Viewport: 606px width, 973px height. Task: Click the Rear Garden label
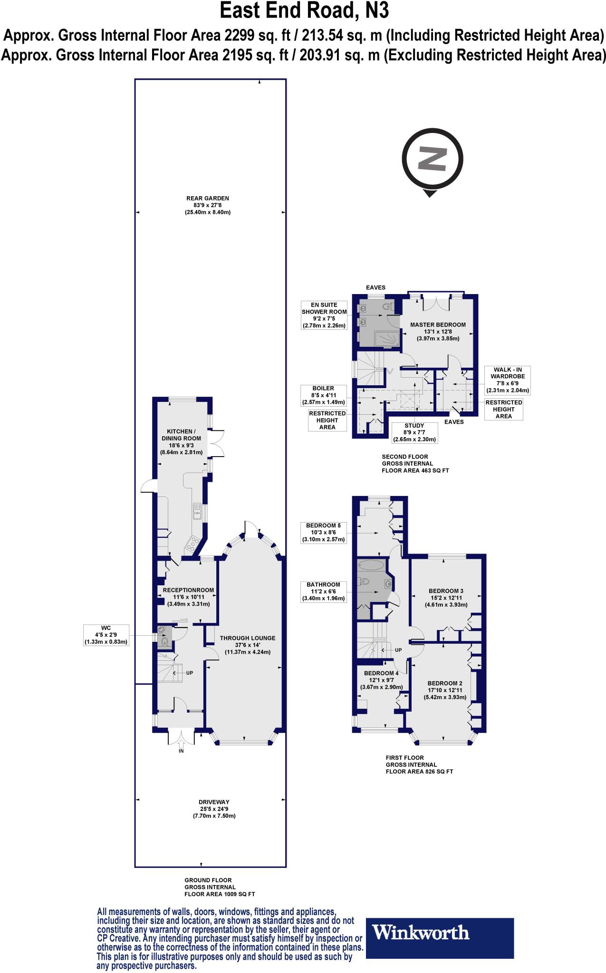[208, 205]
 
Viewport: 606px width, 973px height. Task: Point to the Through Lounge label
[248, 645]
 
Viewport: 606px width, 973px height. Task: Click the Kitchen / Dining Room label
[181, 442]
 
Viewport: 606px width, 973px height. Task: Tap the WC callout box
[106, 635]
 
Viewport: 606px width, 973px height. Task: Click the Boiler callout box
[324, 395]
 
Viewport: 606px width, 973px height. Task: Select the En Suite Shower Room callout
[324, 315]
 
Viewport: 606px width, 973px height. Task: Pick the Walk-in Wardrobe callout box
[507, 380]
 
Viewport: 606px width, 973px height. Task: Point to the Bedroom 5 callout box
[324, 533]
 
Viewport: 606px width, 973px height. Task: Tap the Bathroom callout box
[324, 591]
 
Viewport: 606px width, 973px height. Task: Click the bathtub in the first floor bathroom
[371, 565]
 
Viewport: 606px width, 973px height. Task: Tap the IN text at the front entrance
[181, 751]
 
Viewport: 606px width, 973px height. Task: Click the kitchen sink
[197, 512]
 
